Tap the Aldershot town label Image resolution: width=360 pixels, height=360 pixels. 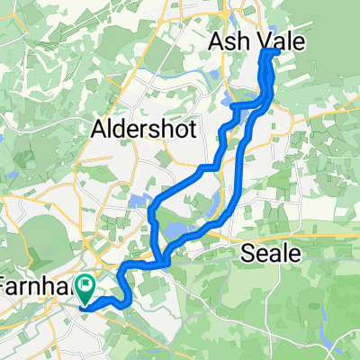click(145, 130)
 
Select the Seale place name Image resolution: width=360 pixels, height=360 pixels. click(271, 255)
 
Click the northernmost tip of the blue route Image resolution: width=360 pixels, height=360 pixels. click(270, 51)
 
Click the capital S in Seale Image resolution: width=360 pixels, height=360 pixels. click(248, 255)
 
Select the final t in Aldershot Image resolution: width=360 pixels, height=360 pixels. click(192, 130)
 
